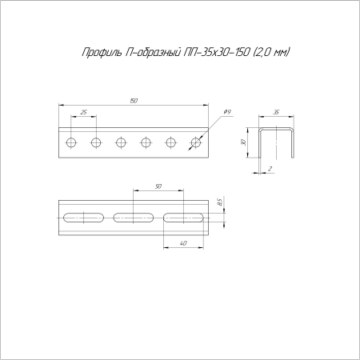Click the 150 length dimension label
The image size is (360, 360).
tap(134, 101)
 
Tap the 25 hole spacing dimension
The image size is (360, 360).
tap(84, 112)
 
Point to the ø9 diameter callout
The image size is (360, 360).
tap(226, 112)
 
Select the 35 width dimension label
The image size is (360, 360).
tap(276, 112)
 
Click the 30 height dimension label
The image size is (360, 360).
tap(243, 142)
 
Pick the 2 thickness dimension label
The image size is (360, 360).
tap(270, 169)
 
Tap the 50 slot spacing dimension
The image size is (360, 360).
tap(158, 186)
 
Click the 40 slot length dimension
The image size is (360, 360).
tap(183, 243)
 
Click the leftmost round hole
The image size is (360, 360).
tap(71, 142)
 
